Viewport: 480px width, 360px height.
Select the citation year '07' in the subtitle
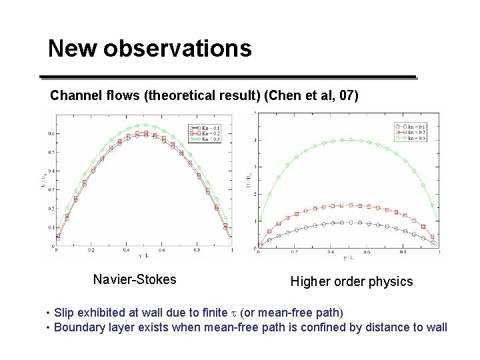(347, 96)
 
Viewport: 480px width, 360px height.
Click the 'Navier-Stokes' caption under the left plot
(135, 279)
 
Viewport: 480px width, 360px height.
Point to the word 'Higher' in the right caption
(310, 282)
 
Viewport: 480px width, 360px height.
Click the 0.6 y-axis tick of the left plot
(51, 133)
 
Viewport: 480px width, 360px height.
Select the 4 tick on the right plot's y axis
(254, 141)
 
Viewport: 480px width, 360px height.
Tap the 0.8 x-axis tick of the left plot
(196, 251)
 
